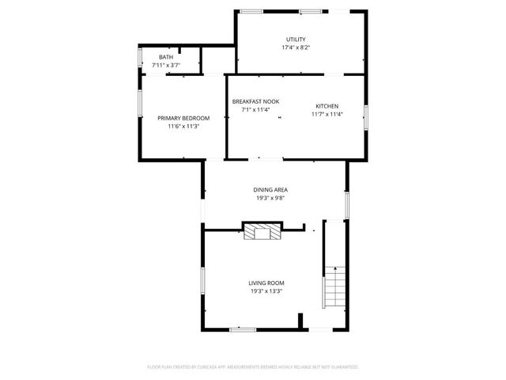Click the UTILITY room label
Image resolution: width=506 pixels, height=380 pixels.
pos(296,40)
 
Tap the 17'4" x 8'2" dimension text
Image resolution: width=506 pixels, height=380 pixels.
pos(296,47)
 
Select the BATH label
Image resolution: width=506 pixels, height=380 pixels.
pos(166,57)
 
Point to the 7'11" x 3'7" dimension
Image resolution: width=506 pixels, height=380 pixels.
pos(166,65)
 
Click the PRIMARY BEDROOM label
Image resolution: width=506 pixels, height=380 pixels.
pos(183,118)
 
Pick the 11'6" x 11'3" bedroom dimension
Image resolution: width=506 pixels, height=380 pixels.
pos(183,126)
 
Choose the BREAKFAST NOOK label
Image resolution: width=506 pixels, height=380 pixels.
pos(255,101)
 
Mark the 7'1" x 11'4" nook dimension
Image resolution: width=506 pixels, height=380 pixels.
pos(255,110)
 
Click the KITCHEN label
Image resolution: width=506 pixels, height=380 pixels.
pos(327,106)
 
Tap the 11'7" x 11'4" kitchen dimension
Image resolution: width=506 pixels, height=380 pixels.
pos(327,114)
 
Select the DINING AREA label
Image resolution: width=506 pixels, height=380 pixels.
pos(270,190)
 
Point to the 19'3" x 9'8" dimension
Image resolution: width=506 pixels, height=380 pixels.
pos(270,199)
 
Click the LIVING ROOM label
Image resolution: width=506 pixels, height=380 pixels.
pos(266,283)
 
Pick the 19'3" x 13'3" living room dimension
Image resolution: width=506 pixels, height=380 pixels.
pos(266,291)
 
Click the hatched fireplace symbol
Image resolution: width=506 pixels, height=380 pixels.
pos(262,231)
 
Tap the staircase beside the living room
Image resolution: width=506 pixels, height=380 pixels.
pos(335,287)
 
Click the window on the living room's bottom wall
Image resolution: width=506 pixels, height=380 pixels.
pos(243,329)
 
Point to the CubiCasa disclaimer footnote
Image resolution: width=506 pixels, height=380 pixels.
pos(253,367)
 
